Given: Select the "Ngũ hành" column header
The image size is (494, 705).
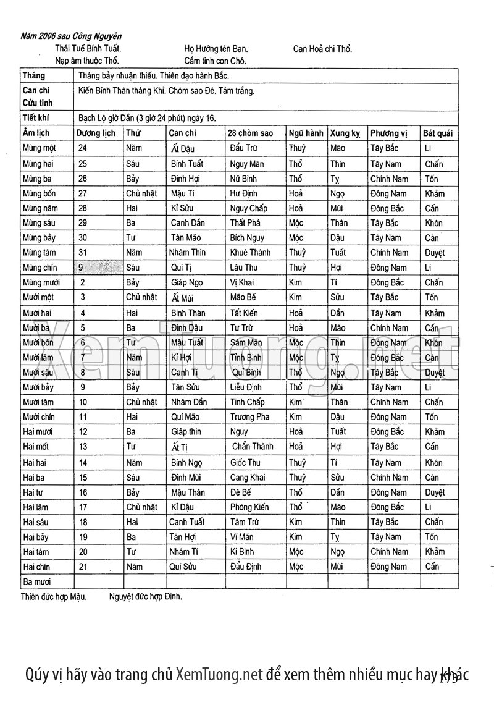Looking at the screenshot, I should [x=306, y=133].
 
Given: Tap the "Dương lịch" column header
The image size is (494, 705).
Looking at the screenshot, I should [x=96, y=133].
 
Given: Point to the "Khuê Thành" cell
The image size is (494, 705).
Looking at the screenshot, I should [x=250, y=253].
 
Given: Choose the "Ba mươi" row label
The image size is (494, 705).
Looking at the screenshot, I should [x=36, y=581].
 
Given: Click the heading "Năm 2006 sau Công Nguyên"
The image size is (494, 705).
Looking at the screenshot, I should [x=71, y=36].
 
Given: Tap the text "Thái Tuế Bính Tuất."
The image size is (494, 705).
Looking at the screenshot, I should [x=88, y=48].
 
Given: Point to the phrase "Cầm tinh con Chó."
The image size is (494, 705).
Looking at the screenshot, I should [x=215, y=61].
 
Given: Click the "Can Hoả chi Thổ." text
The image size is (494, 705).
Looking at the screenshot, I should [x=322, y=48].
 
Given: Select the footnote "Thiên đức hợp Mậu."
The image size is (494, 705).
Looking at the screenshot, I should [x=54, y=597].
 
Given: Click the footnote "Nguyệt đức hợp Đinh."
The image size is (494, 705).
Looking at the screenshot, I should [x=146, y=597].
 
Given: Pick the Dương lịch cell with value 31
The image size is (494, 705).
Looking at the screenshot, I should [x=83, y=253].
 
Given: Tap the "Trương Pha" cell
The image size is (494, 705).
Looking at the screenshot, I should [x=249, y=417].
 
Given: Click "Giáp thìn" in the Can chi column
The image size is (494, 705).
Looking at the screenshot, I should [x=186, y=432].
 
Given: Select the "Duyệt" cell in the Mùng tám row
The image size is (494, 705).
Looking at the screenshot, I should [x=435, y=253].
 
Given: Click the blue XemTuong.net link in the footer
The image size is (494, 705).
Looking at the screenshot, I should [x=219, y=674].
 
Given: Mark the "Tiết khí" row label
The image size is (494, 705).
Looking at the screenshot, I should [x=36, y=118].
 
